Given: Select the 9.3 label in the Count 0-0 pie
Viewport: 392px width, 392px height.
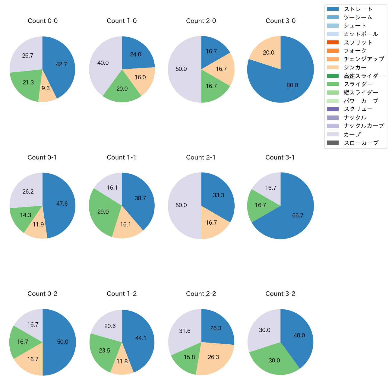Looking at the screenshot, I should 46,88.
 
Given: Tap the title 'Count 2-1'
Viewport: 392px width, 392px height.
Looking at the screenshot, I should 201,157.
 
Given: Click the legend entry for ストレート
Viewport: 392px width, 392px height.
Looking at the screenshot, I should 358,9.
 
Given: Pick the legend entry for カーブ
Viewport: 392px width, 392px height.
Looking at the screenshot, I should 352,134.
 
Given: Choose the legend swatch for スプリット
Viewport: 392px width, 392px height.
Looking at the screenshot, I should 333,43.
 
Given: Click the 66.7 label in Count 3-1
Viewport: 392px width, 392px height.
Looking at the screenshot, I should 298,215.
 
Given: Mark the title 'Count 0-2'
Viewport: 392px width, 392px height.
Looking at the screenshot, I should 43,294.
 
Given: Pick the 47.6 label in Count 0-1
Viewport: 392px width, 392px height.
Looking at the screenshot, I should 62,204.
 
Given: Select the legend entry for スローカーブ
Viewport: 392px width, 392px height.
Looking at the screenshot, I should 361,143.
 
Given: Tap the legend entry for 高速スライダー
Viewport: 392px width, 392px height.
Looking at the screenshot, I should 364,76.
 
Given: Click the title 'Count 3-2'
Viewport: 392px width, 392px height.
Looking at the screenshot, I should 280,294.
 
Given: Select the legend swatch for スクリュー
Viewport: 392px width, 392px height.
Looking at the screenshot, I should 333,109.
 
